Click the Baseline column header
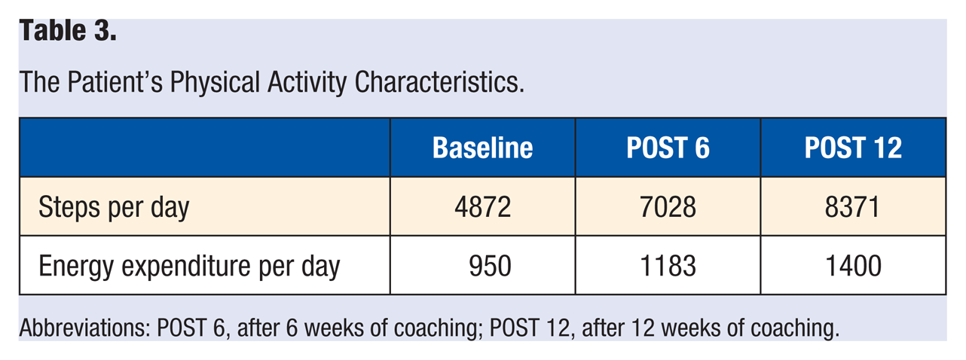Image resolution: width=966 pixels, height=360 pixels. [482, 148]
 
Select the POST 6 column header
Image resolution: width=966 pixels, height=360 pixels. [668, 148]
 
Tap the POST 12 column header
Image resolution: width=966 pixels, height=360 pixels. [853, 148]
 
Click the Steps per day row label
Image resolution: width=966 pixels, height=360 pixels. [114, 208]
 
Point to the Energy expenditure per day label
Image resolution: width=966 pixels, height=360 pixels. [189, 267]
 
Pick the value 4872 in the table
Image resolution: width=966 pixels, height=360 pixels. [482, 207]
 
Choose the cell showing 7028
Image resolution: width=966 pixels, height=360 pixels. [668, 207]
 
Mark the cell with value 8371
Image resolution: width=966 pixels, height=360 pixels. [852, 207]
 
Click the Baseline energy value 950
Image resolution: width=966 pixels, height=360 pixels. [491, 266]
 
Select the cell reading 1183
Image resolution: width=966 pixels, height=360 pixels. [668, 266]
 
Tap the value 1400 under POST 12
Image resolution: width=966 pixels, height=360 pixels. [853, 266]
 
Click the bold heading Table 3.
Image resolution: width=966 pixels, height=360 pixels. [68, 31]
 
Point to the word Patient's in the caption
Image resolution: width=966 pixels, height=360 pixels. [115, 82]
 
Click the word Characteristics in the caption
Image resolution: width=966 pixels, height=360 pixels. [439, 82]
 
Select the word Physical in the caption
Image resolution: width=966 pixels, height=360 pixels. [215, 83]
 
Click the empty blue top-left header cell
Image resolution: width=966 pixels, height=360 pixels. [205, 148]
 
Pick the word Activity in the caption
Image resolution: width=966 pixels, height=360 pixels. [307, 83]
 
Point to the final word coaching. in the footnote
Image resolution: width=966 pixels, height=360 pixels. [795, 328]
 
